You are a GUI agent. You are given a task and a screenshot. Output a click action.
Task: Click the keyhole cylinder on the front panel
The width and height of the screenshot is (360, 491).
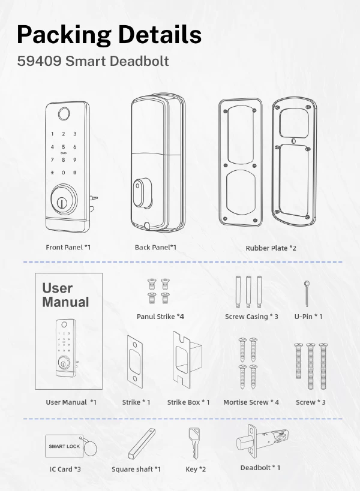click(63, 200)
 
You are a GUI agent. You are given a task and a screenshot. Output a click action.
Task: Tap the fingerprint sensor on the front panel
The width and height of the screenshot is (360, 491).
click(63, 113)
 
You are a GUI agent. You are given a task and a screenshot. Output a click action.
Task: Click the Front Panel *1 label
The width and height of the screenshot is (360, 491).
click(68, 247)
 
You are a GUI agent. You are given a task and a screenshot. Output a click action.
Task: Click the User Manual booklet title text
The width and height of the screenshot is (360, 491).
click(65, 296)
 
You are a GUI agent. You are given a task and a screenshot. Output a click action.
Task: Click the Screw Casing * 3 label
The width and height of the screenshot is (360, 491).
click(251, 316)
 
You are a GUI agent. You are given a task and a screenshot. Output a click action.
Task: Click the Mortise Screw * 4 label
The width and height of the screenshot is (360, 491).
click(251, 402)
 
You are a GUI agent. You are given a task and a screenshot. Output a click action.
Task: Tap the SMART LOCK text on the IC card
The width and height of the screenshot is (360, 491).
click(64, 446)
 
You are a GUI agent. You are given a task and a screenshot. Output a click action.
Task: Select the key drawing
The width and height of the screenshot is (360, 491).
click(193, 442)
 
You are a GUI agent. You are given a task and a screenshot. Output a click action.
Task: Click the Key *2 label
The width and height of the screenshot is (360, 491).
click(196, 469)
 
